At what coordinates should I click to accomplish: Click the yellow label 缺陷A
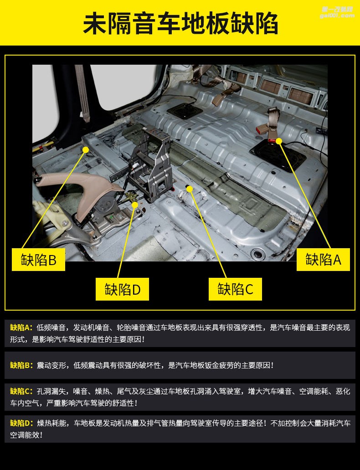pos(323,260)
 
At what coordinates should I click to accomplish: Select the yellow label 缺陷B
pos(38,260)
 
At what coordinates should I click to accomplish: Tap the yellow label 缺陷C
pos(235,289)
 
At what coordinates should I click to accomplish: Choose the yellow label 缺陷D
pos(122,289)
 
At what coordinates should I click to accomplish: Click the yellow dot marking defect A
pos(279,141)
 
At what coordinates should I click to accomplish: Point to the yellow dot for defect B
pos(85,149)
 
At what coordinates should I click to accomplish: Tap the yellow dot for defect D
pos(135,205)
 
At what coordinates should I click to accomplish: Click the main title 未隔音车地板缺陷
pos(180,24)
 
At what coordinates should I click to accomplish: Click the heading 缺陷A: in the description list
pos(21,327)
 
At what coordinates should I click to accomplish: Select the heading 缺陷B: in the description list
pos(21,365)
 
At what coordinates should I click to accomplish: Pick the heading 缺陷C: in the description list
pos(21,391)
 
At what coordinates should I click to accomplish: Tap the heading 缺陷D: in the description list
pos(21,423)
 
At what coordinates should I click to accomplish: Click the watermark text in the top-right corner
pos(338,12)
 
